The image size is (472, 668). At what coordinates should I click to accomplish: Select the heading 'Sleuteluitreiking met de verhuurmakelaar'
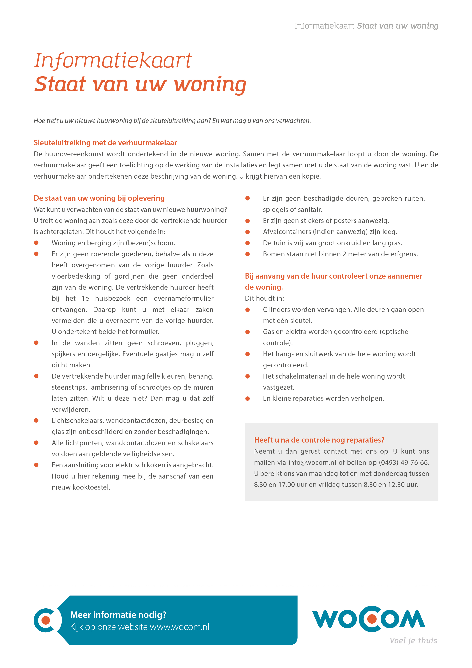(105, 143)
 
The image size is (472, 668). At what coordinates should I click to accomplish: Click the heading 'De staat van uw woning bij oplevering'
(99, 198)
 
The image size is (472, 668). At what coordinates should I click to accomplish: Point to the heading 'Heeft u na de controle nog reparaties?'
(319, 440)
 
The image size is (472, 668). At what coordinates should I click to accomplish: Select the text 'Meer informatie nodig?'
(118, 615)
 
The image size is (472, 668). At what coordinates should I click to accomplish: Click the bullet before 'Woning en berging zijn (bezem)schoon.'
(36, 243)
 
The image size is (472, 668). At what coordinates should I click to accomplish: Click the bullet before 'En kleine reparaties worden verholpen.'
(247, 398)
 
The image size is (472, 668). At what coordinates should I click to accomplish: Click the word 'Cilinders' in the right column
(276, 310)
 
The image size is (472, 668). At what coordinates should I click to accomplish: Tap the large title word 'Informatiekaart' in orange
(113, 61)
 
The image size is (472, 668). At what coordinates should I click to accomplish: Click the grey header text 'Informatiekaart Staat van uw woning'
(366, 26)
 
